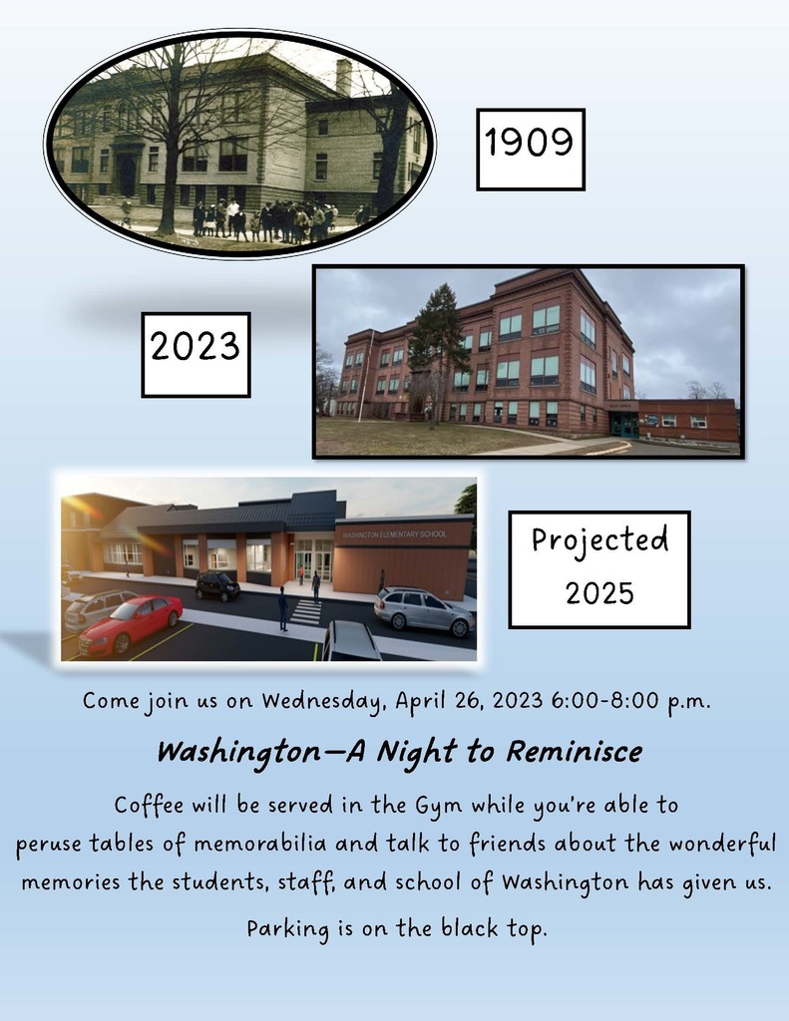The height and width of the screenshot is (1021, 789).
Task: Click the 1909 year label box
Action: pyautogui.click(x=531, y=150)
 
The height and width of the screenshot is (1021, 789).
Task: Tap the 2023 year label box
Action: pyautogui.click(x=196, y=354)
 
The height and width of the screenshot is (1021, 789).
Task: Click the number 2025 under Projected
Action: pyautogui.click(x=599, y=593)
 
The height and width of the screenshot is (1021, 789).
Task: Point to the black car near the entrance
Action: pyautogui.click(x=217, y=585)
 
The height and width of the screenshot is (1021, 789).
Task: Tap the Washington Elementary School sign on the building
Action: pyautogui.click(x=395, y=534)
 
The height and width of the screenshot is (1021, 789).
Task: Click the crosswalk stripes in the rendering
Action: pyautogui.click(x=307, y=612)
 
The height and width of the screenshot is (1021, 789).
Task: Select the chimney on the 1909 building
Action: pyautogui.click(x=344, y=77)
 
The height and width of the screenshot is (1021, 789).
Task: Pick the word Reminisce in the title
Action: pyautogui.click(x=575, y=751)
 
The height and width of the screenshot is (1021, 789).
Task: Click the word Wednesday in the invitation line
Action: pyautogui.click(x=322, y=701)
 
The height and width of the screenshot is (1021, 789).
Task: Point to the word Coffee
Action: pyautogui.click(x=149, y=805)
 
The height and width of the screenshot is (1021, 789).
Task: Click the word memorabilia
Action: pyautogui.click(x=260, y=844)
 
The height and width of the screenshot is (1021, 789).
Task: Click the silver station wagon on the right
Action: pyautogui.click(x=425, y=611)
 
